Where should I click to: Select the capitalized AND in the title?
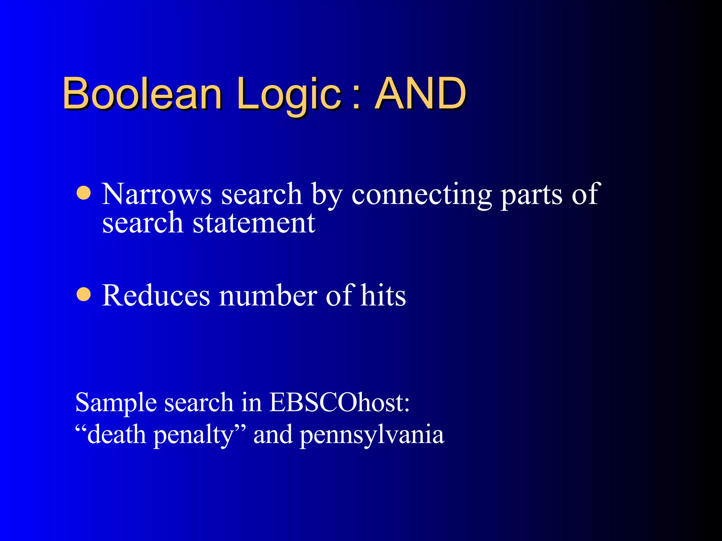click(421, 93)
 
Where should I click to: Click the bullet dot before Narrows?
click(84, 193)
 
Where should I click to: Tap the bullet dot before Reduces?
click(84, 294)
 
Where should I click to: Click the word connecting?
click(422, 195)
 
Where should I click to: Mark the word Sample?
click(116, 403)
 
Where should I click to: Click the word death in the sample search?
click(116, 435)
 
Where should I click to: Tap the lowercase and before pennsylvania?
click(273, 435)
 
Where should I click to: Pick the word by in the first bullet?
click(326, 195)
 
